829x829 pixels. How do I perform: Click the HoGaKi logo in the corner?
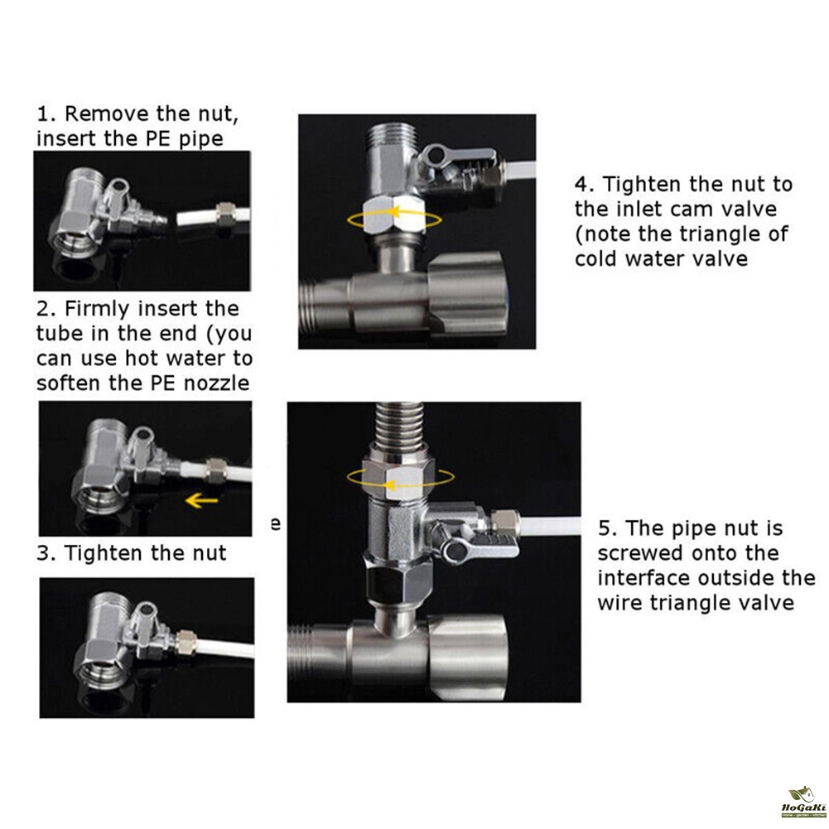pos(803,802)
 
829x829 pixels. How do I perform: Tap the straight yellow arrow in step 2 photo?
pos(201,499)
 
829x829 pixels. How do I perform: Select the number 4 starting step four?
pos(581,185)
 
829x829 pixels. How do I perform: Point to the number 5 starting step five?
pos(605,528)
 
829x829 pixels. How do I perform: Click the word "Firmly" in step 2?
pos(97,309)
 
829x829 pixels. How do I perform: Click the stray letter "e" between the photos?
pos(276,523)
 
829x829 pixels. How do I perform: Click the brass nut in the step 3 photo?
pos(186,641)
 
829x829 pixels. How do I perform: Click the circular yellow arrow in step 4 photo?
pos(394,219)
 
